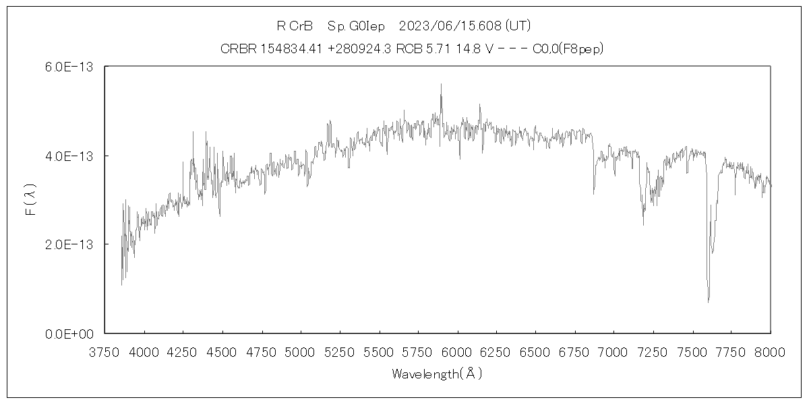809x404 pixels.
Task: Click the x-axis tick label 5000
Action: point(301,351)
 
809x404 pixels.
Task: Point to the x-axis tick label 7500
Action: point(692,351)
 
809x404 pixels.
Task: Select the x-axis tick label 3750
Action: point(105,351)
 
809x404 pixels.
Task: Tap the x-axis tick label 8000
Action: point(771,351)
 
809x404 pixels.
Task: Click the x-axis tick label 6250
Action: point(497,351)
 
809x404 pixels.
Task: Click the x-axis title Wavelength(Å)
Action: point(438,374)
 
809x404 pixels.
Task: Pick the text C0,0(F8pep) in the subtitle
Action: point(567,49)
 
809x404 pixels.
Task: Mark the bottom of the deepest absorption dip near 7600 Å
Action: point(708,302)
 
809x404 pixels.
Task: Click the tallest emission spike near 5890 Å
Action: point(441,84)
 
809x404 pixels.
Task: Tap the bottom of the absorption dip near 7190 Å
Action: point(643,224)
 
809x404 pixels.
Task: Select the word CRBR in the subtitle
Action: point(237,49)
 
